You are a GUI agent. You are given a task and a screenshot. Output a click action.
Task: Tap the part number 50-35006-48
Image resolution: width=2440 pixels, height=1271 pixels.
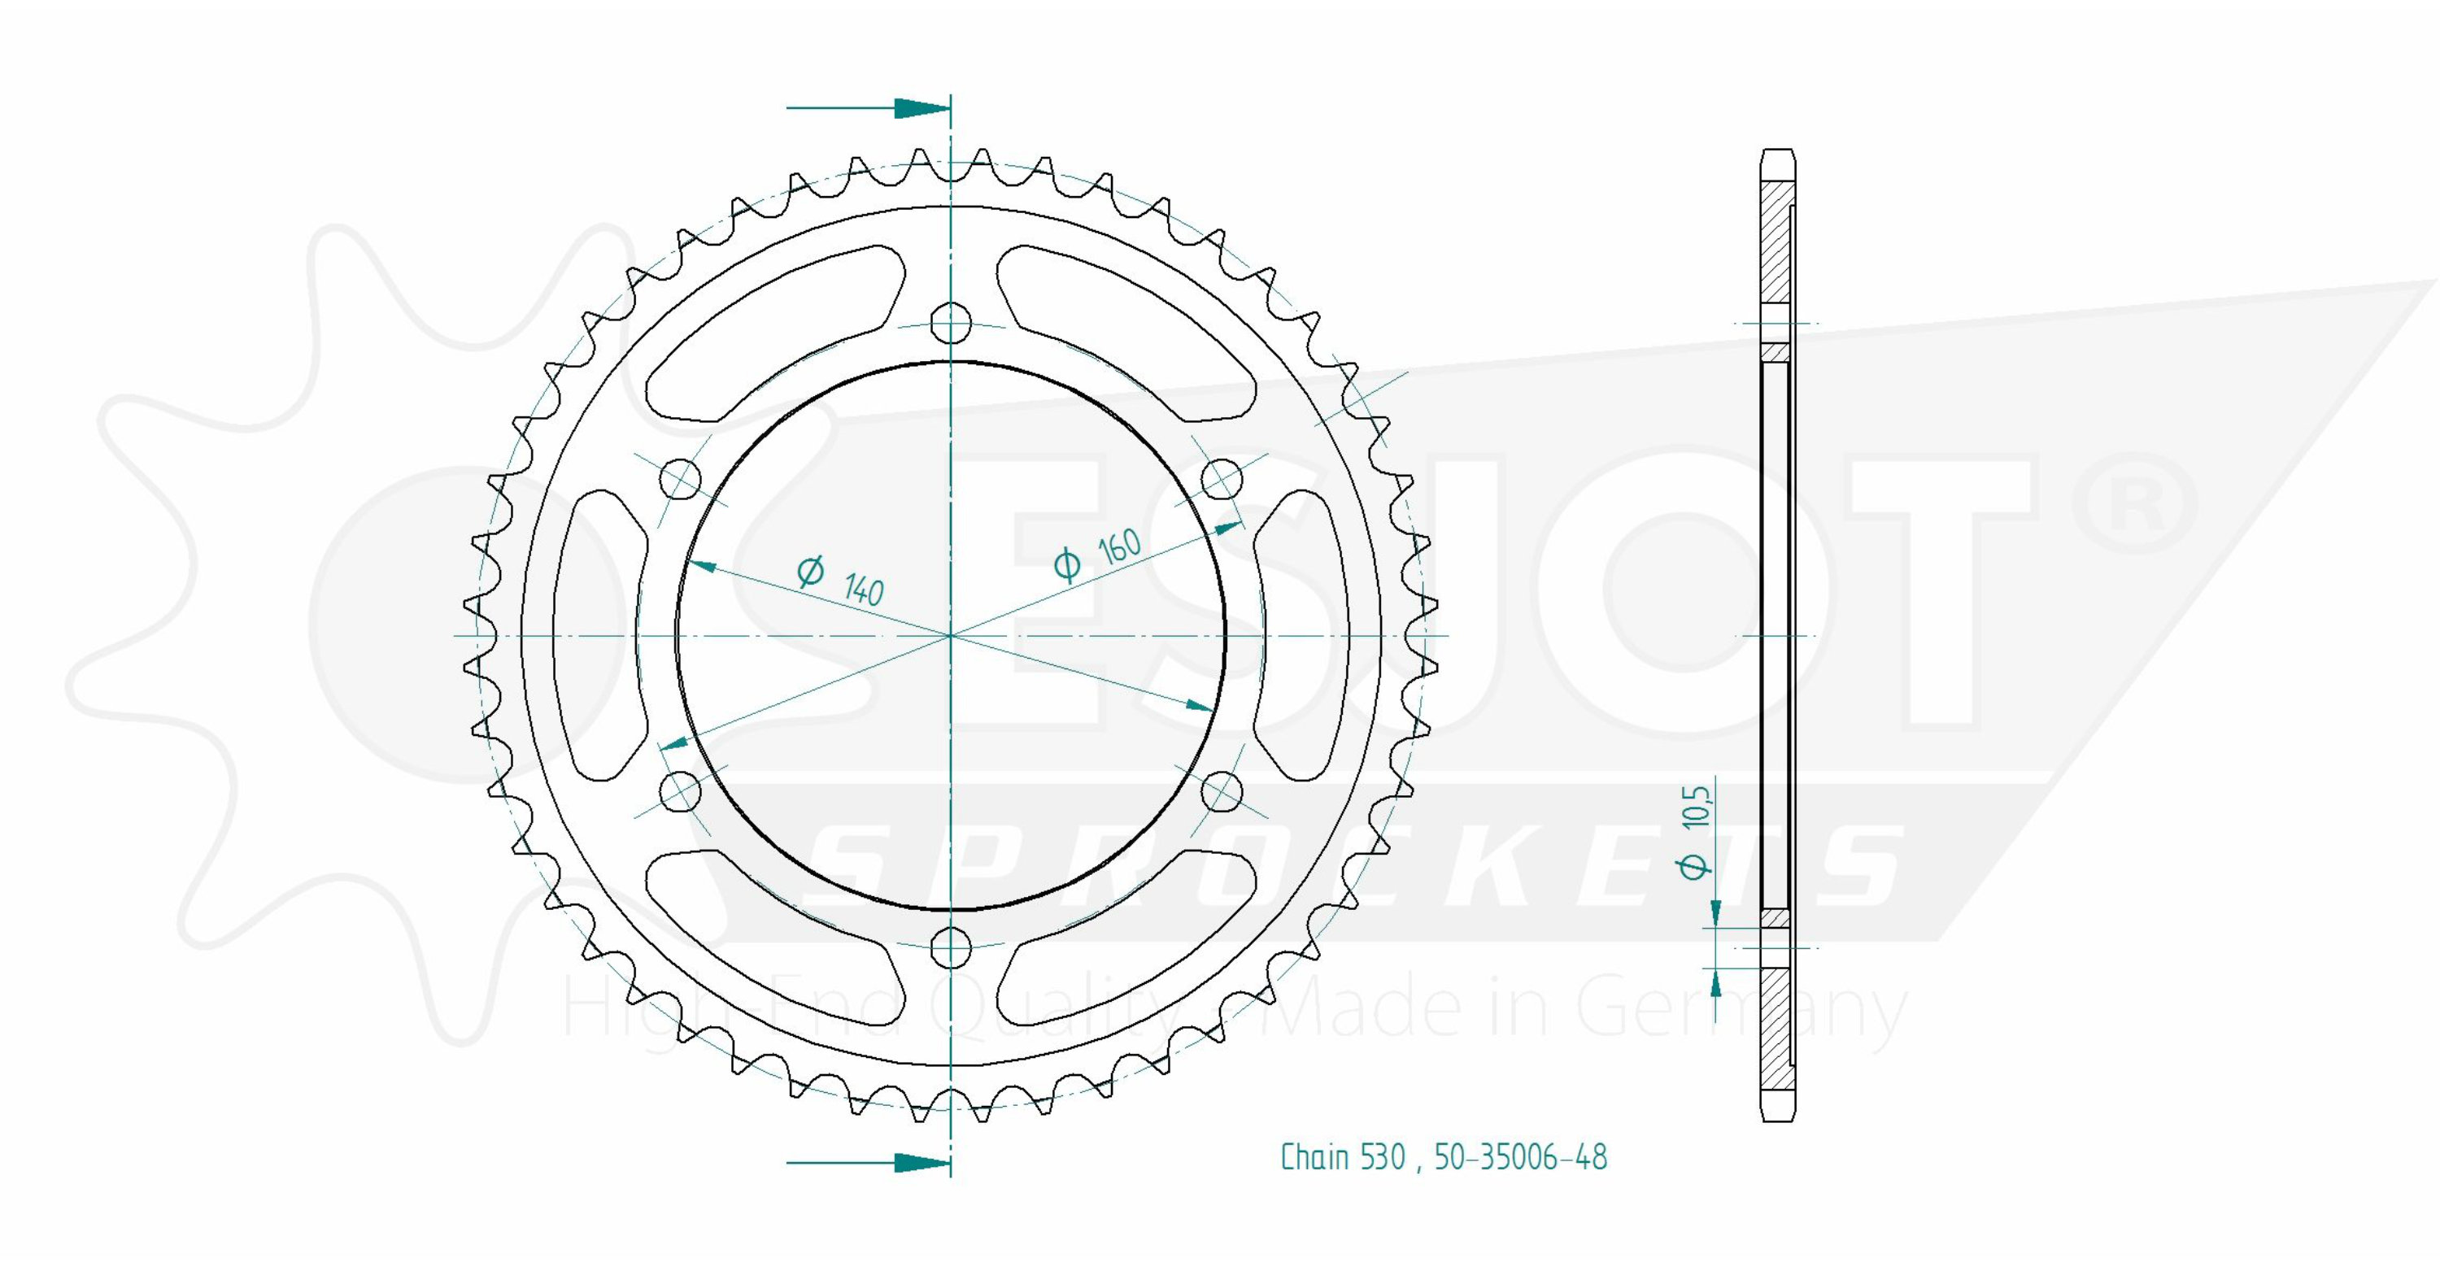[x=1520, y=1157]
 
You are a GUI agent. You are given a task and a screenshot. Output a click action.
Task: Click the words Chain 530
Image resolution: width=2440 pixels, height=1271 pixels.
[x=1342, y=1157]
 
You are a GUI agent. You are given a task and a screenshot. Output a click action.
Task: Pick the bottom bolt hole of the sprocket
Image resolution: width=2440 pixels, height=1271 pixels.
[x=951, y=947]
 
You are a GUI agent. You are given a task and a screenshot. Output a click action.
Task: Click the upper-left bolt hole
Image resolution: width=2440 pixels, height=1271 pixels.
[x=680, y=479]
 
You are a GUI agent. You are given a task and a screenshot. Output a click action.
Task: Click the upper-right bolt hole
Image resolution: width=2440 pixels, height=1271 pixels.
[x=1221, y=479]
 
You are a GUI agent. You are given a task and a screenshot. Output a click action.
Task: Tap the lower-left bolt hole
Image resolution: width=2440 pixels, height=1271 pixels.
[x=680, y=791]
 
